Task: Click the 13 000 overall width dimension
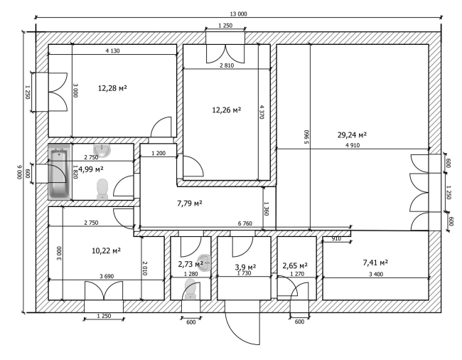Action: pos(238,14)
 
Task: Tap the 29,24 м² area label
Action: pos(352,135)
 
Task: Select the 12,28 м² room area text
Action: pos(112,88)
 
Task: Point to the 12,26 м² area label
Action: pos(227,110)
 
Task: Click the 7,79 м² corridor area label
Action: pos(190,203)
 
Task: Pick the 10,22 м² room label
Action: pos(106,251)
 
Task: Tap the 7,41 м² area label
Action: pos(375,263)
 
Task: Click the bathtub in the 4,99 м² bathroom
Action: pos(60,173)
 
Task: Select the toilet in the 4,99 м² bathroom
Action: pos(102,189)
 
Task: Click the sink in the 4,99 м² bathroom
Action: pos(102,150)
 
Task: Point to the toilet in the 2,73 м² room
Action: pos(190,290)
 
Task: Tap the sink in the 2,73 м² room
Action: pos(205,263)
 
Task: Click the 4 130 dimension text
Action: pos(113,51)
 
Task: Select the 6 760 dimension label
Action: pos(245,223)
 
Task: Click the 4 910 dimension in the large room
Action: pos(353,145)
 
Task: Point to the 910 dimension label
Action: pos(336,238)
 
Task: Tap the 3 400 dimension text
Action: pos(376,274)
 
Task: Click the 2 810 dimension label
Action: pos(227,65)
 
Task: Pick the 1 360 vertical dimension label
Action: pos(267,208)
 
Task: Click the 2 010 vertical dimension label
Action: pos(145,268)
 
